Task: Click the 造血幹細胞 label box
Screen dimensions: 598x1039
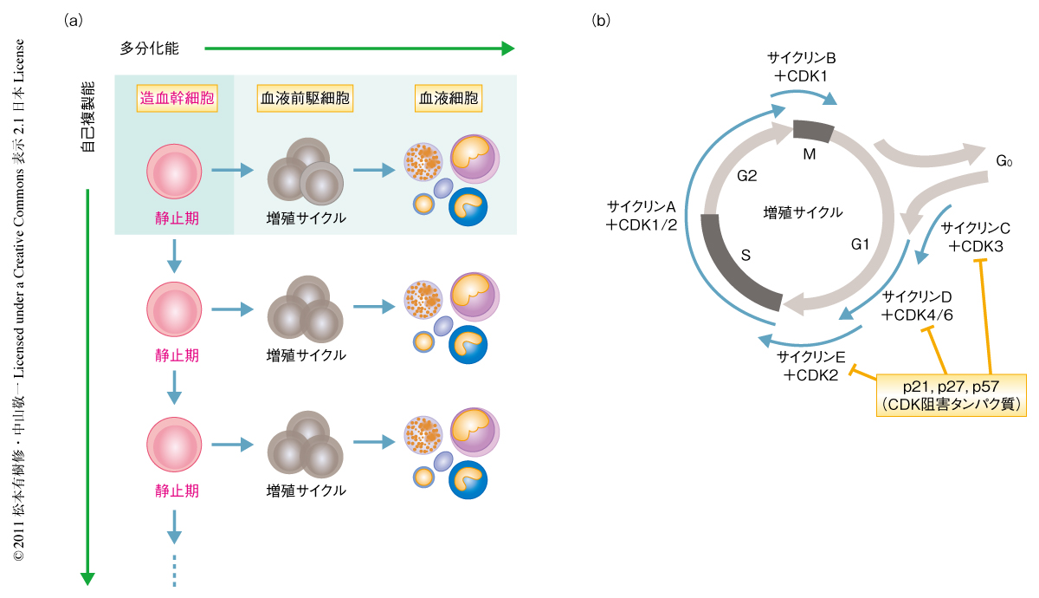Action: pyautogui.click(x=175, y=98)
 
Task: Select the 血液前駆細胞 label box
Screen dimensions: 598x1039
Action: pyautogui.click(x=305, y=98)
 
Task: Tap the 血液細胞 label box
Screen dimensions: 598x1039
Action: pyautogui.click(x=448, y=98)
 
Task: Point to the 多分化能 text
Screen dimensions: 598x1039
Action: pyautogui.click(x=150, y=49)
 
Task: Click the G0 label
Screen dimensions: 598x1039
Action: pyautogui.click(x=1004, y=161)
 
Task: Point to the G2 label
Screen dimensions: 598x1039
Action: pyautogui.click(x=747, y=176)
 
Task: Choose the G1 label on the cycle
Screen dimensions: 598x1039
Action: pyautogui.click(x=860, y=244)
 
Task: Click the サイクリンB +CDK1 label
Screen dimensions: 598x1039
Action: pyautogui.click(x=801, y=67)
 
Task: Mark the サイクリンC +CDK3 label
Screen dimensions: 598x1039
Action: pyautogui.click(x=976, y=237)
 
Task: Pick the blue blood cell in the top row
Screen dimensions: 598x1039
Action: pyautogui.click(x=468, y=208)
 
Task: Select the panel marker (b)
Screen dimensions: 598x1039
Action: pyautogui.click(x=601, y=20)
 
